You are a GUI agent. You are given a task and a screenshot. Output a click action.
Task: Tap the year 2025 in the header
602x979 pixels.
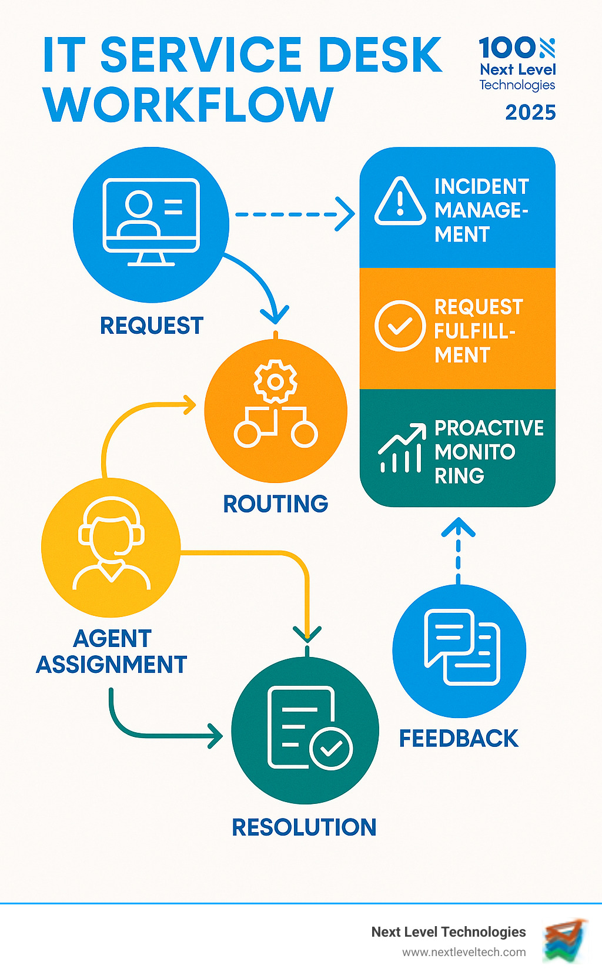(x=530, y=112)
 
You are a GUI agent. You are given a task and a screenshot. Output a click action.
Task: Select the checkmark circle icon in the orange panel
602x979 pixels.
(x=400, y=326)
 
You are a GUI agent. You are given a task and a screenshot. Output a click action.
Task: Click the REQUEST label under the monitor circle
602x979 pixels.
(x=152, y=326)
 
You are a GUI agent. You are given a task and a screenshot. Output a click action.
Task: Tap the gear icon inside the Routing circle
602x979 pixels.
(x=275, y=381)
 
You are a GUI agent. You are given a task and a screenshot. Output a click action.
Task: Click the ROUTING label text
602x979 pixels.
(x=275, y=504)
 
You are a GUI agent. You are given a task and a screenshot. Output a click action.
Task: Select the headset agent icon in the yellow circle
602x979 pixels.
(x=112, y=544)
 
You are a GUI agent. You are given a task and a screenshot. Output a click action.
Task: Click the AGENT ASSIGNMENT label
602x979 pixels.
(x=112, y=652)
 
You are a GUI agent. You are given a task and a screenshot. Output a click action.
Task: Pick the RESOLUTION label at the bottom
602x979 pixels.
(x=304, y=827)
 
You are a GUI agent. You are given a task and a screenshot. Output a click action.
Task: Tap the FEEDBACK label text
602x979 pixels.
(x=459, y=739)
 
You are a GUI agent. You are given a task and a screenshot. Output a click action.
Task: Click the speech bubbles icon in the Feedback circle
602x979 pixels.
(x=462, y=648)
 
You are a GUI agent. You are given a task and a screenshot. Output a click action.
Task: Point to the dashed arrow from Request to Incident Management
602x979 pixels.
(x=294, y=214)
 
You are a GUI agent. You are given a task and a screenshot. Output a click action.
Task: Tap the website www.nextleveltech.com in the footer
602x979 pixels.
(x=464, y=953)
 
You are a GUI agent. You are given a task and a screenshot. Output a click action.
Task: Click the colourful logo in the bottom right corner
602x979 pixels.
(x=565, y=940)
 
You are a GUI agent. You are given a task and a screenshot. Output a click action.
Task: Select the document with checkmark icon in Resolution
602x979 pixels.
(x=309, y=729)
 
